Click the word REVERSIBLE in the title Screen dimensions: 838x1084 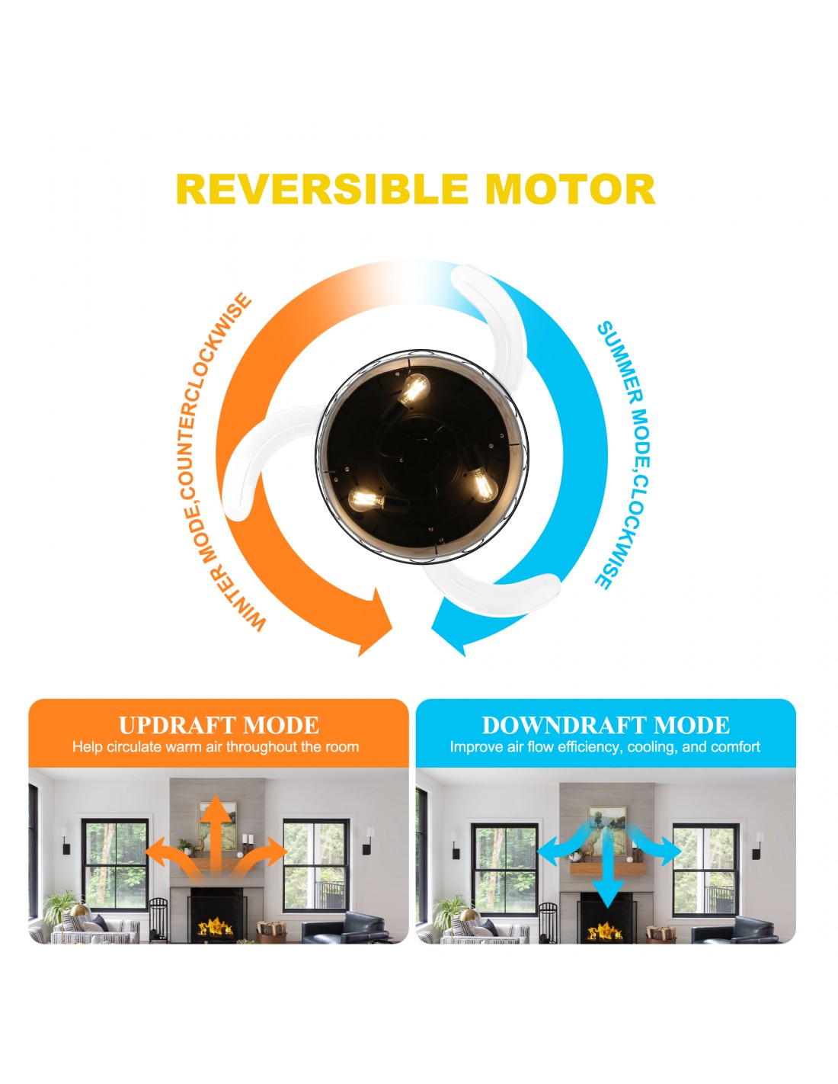[322, 189]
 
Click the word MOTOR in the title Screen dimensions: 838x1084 [571, 189]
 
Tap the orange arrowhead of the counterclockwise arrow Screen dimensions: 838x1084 [373, 621]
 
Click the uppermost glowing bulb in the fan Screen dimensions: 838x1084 [414, 389]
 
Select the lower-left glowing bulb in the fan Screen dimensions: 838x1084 [366, 500]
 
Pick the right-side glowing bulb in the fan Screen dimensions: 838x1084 [483, 483]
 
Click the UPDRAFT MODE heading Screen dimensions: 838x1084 [219, 725]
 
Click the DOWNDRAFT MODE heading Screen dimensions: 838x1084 [606, 725]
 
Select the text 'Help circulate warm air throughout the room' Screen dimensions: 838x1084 [216, 747]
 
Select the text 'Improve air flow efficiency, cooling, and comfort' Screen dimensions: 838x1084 [605, 747]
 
